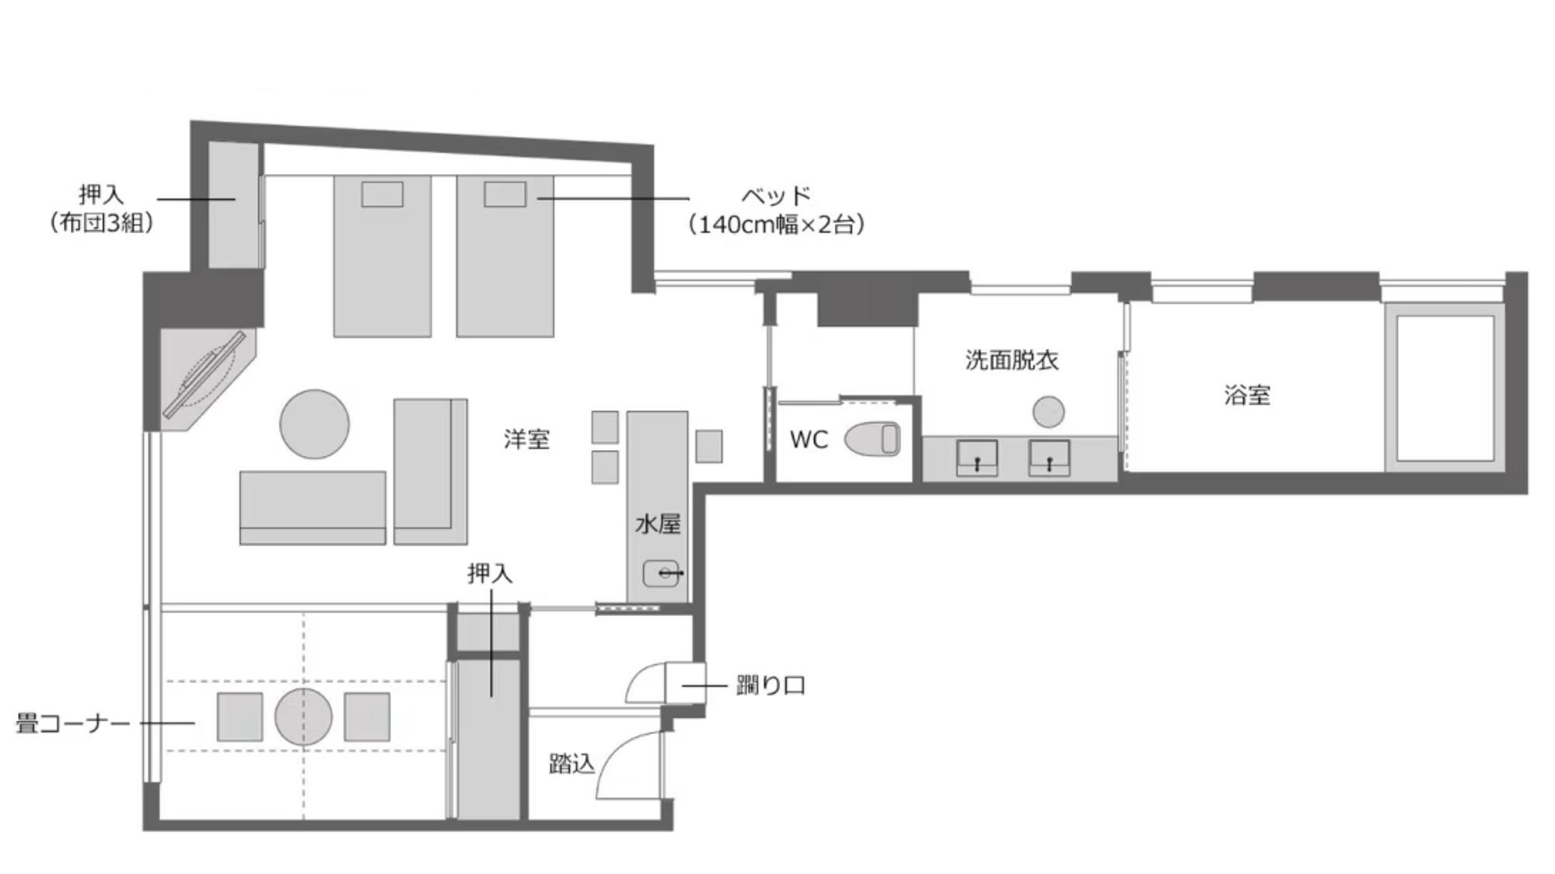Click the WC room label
809,440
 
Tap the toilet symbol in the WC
872,439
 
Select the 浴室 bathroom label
1247,395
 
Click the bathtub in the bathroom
1445,388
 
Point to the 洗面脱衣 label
1012,360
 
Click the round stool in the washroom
1048,412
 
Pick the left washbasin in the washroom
977,458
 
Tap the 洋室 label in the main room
526,440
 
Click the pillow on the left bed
383,194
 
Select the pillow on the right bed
505,194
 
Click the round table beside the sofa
314,424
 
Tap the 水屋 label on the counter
658,524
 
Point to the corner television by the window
204,375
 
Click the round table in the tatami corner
303,716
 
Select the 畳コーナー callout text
73,724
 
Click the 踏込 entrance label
571,764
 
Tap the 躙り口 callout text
771,686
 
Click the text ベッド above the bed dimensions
776,196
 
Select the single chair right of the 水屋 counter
709,447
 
